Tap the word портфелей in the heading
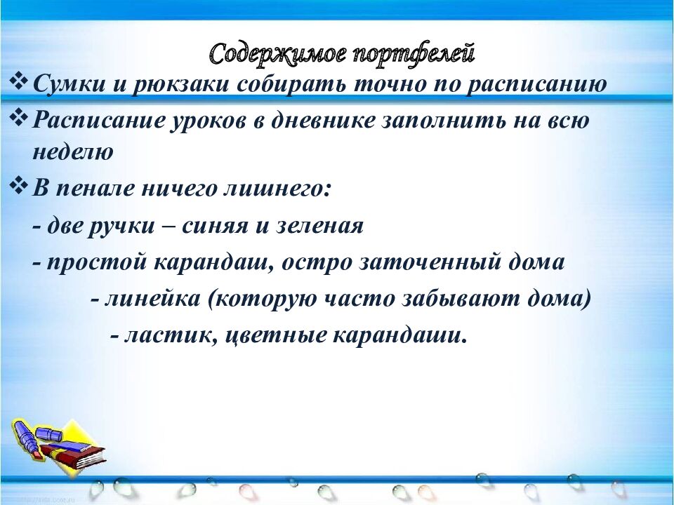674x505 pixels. (x=410, y=53)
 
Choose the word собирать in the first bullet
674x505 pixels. (x=295, y=85)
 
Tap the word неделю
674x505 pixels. (x=72, y=153)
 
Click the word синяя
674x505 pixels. (x=218, y=227)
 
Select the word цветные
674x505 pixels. (x=277, y=335)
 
